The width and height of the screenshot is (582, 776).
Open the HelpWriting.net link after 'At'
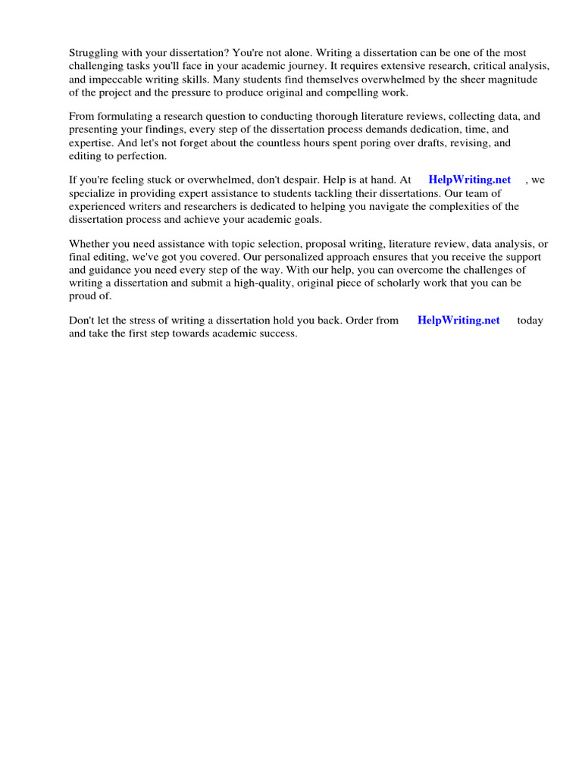[469, 180]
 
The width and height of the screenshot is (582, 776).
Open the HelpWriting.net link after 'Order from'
[458, 320]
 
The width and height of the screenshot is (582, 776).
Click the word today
[530, 321]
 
